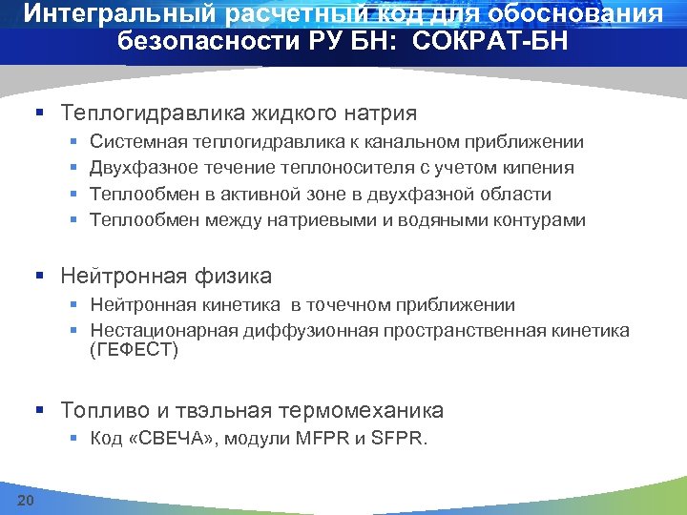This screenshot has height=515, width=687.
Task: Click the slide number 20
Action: pyautogui.click(x=26, y=501)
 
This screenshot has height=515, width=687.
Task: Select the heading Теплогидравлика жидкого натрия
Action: pyautogui.click(x=239, y=113)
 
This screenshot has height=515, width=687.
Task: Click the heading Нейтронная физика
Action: pyautogui.click(x=166, y=277)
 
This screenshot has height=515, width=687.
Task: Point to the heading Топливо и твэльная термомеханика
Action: pyautogui.click(x=252, y=411)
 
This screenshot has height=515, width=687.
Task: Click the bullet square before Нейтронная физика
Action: pyautogui.click(x=40, y=278)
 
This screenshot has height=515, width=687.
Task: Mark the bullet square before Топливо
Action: pyautogui.click(x=40, y=412)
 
